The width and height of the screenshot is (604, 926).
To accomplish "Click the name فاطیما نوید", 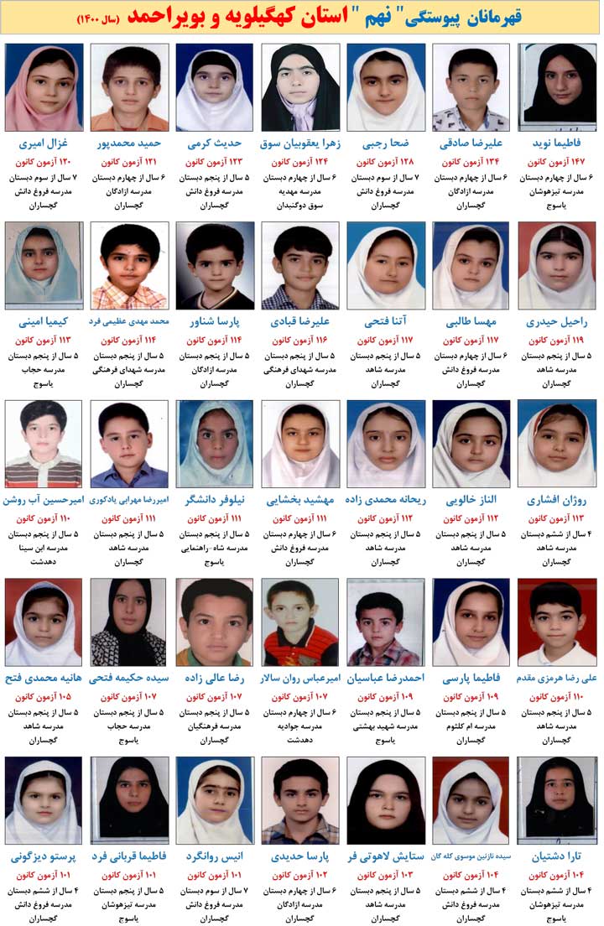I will pos(557,143).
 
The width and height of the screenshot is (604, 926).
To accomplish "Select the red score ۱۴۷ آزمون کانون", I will pos(557,162).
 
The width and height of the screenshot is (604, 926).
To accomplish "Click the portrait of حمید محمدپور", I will pos(129,87).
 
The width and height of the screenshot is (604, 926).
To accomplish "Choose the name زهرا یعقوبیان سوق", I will pos(299,143).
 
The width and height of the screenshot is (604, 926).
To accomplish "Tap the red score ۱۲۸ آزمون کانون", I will pos(385,162).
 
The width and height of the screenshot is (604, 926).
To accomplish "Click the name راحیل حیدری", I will pos(557,321).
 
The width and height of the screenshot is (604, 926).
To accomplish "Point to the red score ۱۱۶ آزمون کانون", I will pos(299,341).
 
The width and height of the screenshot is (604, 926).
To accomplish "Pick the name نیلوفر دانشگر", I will pos(215,500).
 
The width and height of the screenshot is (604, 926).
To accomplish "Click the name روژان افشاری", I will pos(557,500).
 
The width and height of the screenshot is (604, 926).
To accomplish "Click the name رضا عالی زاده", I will pos(215,678).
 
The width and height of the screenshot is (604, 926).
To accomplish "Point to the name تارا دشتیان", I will pos(557,856).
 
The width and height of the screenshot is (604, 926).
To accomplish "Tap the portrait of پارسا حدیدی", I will pos(299,800).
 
